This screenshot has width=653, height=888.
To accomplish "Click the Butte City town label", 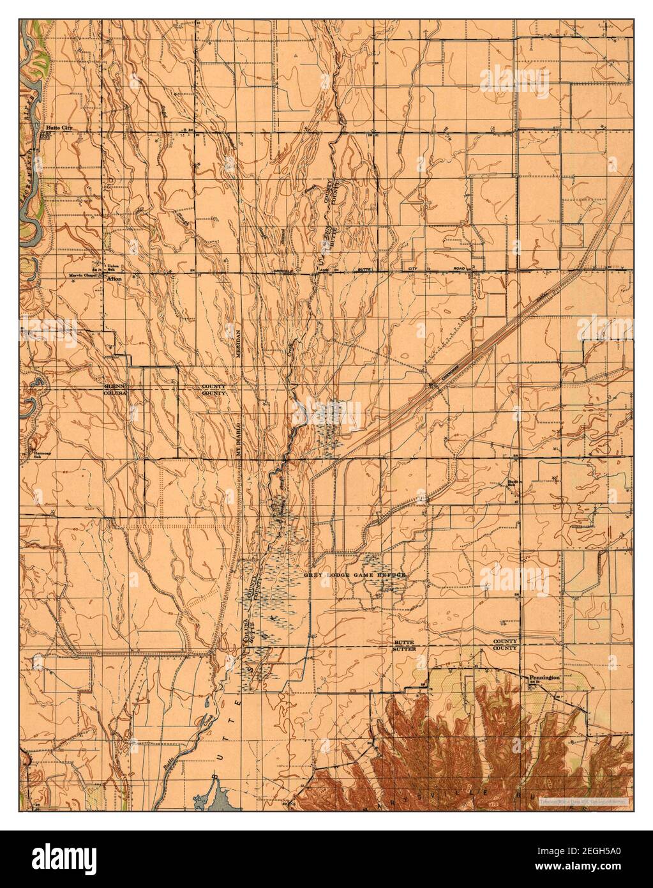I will [57, 128].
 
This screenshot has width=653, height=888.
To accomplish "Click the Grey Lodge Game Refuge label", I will [355, 575].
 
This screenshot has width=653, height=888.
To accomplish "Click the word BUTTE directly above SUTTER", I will [406, 641].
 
